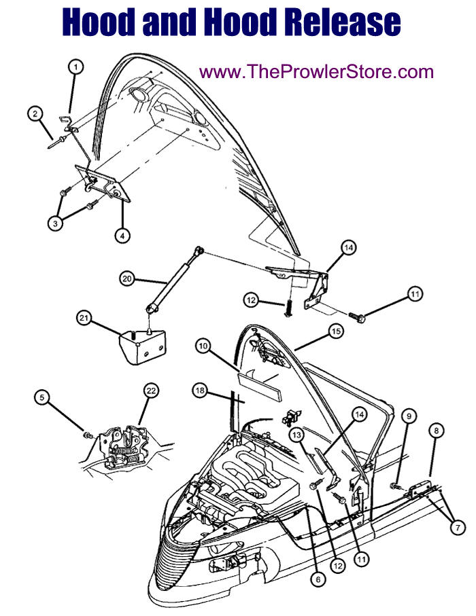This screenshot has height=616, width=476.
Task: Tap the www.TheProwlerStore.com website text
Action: point(316,72)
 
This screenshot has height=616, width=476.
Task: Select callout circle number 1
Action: point(76,67)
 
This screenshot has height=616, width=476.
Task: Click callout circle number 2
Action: point(35,114)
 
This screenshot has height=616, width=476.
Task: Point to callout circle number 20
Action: point(126,279)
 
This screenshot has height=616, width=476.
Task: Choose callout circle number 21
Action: point(84,317)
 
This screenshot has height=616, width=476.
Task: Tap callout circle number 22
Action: point(151,391)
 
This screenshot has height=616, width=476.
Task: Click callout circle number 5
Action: point(41,397)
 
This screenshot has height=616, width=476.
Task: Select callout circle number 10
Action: point(203,346)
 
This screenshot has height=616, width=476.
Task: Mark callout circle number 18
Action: point(200,390)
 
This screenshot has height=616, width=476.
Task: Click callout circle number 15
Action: point(336,331)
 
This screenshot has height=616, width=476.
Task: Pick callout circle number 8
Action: point(437,431)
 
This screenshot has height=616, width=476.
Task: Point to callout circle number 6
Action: point(318,579)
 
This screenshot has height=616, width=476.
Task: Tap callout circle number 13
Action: point(296,435)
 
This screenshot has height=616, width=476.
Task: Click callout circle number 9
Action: point(409,416)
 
